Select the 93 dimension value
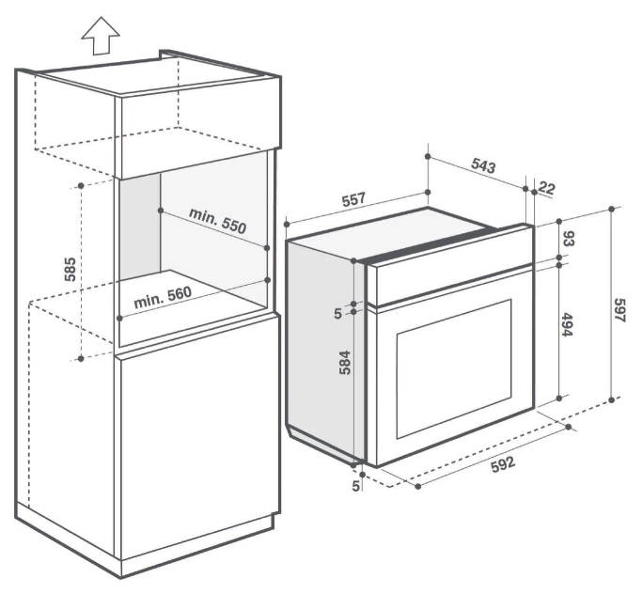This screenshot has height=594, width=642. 567,236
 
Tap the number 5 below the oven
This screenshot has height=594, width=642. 356,486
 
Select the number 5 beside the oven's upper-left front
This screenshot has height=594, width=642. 337,313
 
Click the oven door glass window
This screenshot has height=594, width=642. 454,367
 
